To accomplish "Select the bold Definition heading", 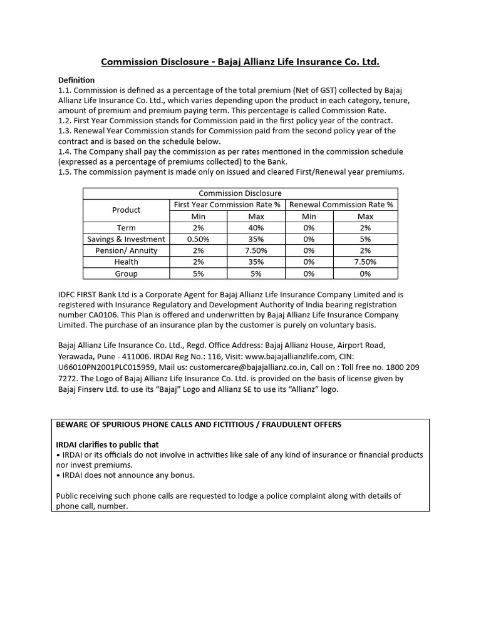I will click(76, 80).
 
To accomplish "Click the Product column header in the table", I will click(126, 210).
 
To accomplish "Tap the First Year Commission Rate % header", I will click(227, 205).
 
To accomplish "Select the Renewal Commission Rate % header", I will click(341, 205).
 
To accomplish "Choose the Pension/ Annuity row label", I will click(126, 250).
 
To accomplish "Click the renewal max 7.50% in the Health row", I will click(365, 262).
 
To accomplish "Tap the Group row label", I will click(126, 274).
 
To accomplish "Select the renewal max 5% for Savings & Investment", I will click(365, 239).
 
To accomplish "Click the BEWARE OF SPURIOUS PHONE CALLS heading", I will click(199, 424).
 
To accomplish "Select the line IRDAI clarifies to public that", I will click(107, 444).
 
